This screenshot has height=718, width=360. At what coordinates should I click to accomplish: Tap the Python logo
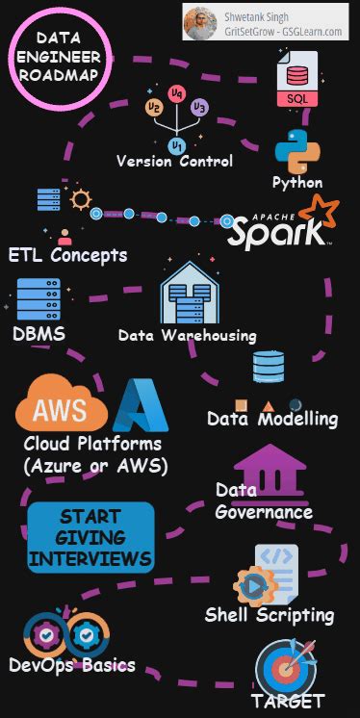click(x=297, y=151)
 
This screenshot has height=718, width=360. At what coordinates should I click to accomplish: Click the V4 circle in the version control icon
click(x=176, y=94)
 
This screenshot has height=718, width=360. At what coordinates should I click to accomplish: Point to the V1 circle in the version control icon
click(x=176, y=144)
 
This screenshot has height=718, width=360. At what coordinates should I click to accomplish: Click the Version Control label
click(x=175, y=162)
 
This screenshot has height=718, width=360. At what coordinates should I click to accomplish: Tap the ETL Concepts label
click(x=67, y=256)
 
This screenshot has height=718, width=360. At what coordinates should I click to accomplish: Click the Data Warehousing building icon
click(x=186, y=293)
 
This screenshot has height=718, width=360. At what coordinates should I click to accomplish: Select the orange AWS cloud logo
click(x=60, y=409)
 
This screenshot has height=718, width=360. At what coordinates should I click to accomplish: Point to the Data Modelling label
click(x=272, y=419)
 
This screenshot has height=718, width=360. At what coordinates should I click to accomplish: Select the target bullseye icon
click(x=287, y=666)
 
